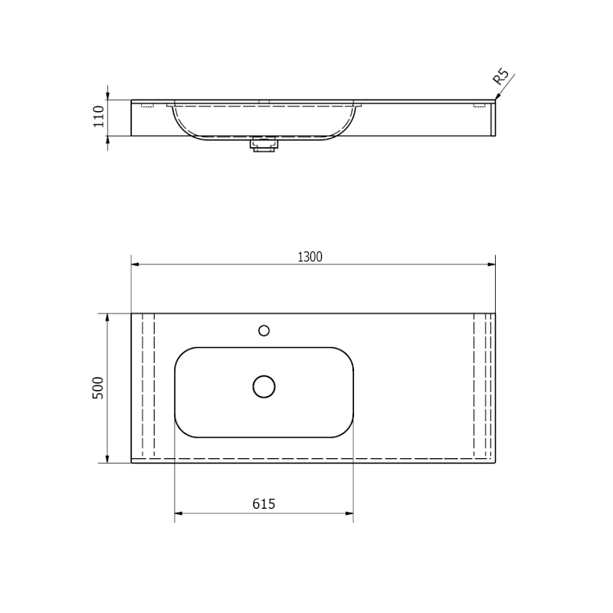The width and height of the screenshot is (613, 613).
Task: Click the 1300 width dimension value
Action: tap(310, 257)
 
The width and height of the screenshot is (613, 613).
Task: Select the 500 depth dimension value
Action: tap(97, 388)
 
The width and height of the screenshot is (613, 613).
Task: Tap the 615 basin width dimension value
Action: tap(264, 503)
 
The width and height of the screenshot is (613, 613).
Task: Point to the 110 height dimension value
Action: tap(98, 116)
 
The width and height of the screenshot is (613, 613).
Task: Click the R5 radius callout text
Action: tap(500, 77)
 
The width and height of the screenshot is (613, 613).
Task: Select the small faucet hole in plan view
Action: tap(264, 330)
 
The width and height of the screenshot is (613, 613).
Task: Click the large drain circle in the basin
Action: tap(264, 386)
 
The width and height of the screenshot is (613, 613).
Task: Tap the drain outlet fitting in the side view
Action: tap(264, 143)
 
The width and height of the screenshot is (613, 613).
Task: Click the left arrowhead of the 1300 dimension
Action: tap(135, 264)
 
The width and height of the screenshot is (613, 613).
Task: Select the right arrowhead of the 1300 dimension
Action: tap(492, 264)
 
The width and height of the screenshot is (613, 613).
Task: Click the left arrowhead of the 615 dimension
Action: tap(179, 513)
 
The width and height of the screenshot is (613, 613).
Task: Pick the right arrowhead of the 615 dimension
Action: tap(349, 513)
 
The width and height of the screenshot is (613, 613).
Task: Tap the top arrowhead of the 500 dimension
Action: tap(107, 317)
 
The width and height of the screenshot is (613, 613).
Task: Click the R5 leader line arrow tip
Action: tap(496, 98)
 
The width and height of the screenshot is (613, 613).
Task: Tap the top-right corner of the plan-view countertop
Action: tap(495, 313)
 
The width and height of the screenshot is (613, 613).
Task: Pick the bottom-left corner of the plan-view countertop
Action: tap(132, 463)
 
